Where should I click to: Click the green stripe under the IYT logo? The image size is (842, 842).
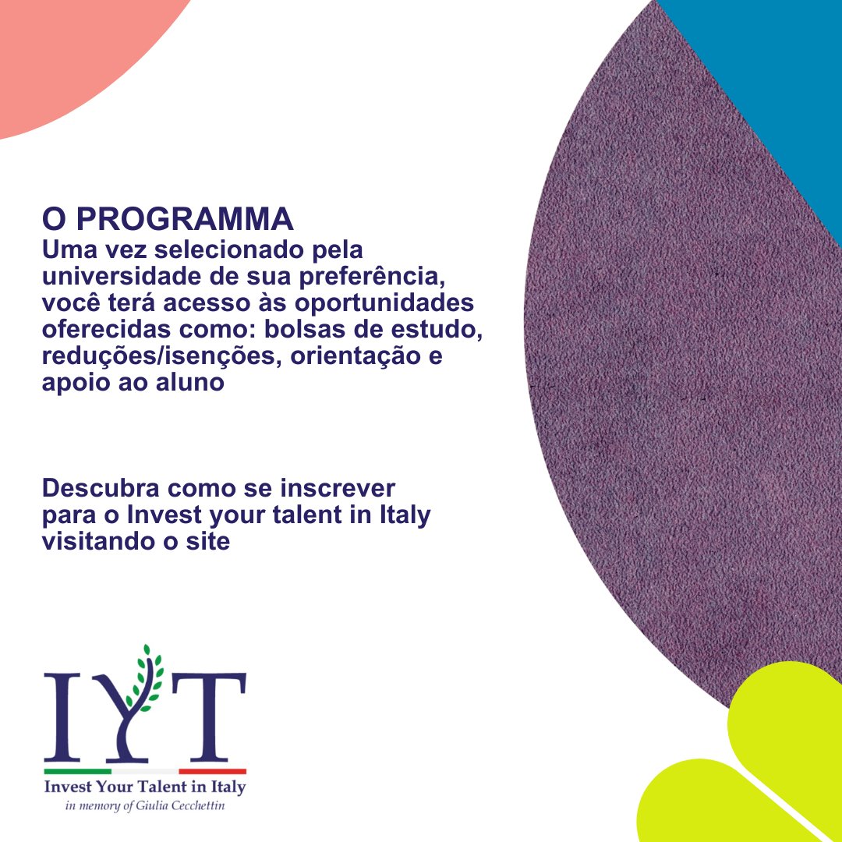click(77, 771)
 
